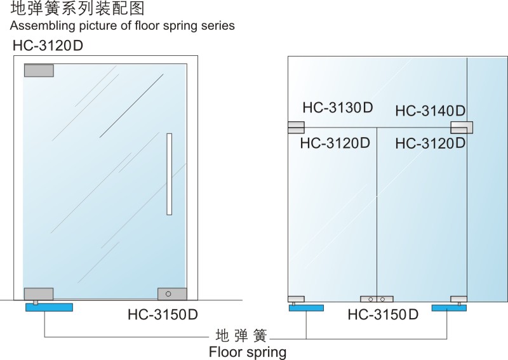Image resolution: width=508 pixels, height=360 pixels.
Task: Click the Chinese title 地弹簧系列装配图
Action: (77, 8)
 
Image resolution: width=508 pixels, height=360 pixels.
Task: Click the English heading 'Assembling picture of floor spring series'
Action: (123, 25)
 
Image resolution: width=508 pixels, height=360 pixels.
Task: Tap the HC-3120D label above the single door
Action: (48, 46)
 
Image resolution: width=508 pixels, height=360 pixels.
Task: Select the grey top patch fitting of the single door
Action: (39, 70)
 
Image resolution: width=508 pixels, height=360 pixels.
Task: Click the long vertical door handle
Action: (169, 174)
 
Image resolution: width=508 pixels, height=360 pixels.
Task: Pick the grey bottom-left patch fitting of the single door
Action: (39, 294)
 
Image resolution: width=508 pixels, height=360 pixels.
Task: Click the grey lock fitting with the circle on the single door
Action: (172, 294)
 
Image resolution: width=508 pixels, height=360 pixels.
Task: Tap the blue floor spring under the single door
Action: (50, 307)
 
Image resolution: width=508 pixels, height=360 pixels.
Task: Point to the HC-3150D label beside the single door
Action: (163, 314)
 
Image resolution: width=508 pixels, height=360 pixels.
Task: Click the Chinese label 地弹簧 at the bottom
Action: (241, 336)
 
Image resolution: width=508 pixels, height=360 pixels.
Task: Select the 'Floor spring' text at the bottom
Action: (248, 352)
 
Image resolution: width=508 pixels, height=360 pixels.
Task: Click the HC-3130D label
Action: (338, 107)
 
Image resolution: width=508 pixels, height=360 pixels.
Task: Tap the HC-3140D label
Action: (431, 111)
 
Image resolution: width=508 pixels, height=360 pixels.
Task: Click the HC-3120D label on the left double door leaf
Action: (335, 143)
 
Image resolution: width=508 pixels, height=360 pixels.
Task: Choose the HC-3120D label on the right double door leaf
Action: (431, 143)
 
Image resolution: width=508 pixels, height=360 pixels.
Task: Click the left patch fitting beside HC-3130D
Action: (296, 128)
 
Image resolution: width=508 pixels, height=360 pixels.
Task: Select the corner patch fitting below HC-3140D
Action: (462, 128)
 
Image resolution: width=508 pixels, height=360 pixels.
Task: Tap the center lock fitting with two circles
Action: (377, 299)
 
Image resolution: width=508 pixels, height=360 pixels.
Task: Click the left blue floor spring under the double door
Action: (306, 308)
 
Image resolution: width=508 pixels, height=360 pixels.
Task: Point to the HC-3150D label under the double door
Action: (383, 314)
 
